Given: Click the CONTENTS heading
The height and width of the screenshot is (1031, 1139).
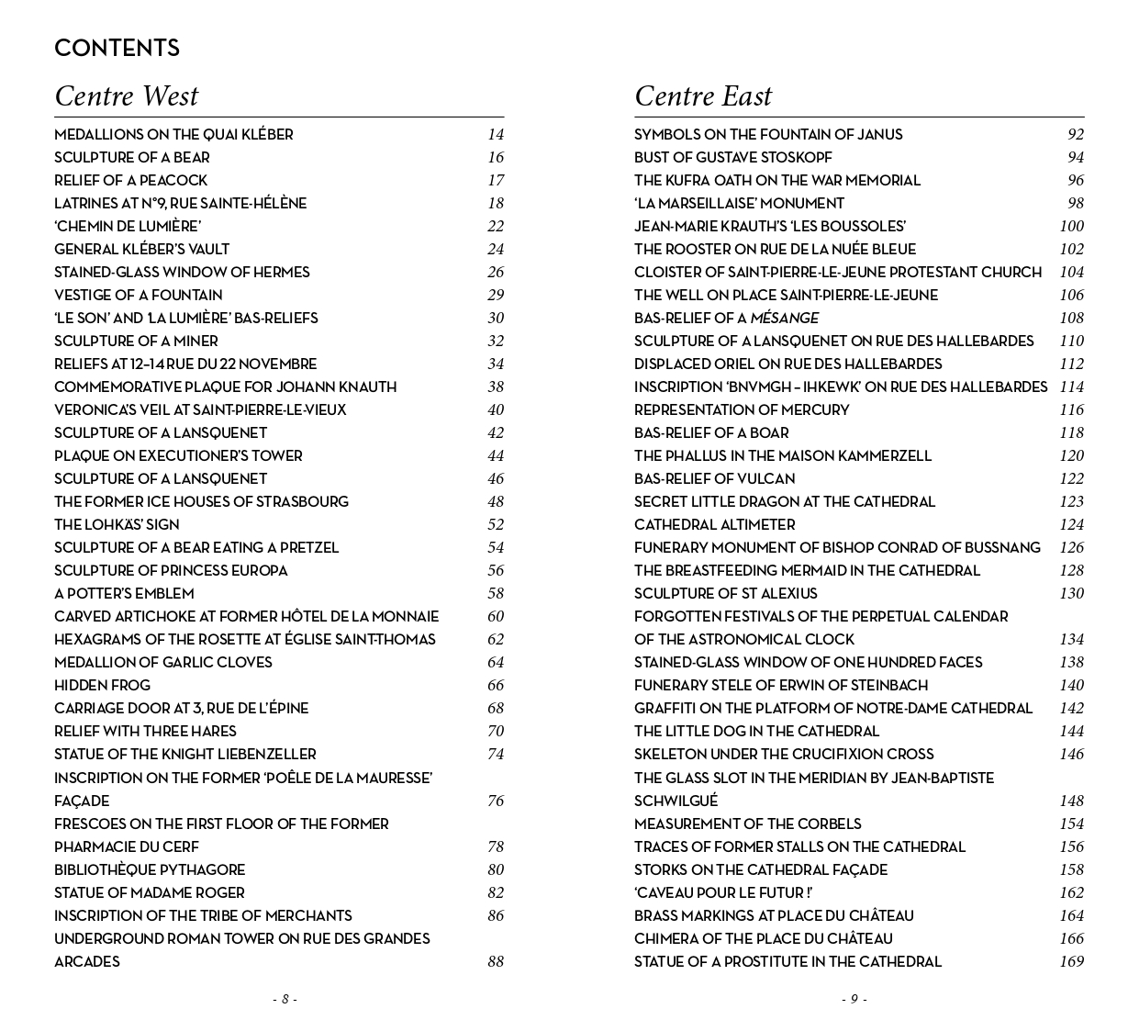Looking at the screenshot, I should [x=117, y=48].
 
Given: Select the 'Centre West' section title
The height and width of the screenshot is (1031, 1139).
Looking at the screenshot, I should [x=126, y=95].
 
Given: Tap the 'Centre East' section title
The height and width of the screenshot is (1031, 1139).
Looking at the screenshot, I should [x=703, y=95].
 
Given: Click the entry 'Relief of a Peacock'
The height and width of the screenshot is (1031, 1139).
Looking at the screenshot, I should [x=130, y=180].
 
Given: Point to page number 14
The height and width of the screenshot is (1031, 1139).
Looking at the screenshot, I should [x=496, y=134].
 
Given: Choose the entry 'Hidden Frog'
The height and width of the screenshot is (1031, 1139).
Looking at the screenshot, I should [x=102, y=685].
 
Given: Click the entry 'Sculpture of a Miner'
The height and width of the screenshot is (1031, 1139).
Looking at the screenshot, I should [x=136, y=341].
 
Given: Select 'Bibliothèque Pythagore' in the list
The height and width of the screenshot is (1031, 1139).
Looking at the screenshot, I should [x=150, y=869].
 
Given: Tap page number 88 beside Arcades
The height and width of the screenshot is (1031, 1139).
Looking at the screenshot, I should [x=496, y=961].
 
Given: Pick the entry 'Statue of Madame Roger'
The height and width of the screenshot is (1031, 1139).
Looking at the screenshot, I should [x=150, y=892].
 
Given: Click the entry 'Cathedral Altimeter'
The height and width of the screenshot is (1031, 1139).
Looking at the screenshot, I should [x=714, y=524].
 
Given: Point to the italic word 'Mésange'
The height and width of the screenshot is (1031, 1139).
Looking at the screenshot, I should [x=784, y=318].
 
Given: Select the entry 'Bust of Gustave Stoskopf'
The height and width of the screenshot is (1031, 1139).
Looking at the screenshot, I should [x=732, y=157].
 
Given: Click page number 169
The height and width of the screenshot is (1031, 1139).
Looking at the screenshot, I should [x=1071, y=961].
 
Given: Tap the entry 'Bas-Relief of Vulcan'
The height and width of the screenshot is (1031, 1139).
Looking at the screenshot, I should [x=714, y=478].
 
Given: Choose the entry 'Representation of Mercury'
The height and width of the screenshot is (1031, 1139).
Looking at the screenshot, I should [x=742, y=409].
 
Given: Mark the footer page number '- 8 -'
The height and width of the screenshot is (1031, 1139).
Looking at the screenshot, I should [x=285, y=999].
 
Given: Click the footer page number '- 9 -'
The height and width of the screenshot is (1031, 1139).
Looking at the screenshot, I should [x=854, y=999].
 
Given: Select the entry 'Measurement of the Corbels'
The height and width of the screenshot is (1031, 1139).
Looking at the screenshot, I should [x=747, y=824].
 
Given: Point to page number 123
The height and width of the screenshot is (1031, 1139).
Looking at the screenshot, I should [x=1071, y=501].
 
